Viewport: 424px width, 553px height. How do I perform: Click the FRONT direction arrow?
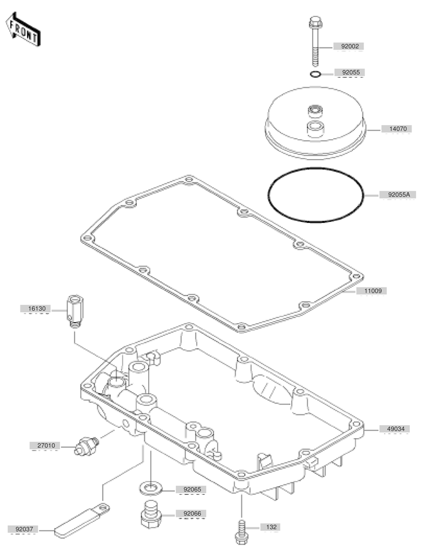point(23,29)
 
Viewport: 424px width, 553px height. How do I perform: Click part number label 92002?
point(350,46)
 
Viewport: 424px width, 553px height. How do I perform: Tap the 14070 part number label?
point(398,129)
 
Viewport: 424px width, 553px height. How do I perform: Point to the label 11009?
point(373,291)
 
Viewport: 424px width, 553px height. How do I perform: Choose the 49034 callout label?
point(396,429)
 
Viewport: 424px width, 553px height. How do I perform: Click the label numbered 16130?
point(37,309)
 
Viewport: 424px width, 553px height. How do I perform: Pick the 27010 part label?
point(46,446)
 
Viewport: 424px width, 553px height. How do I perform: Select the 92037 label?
point(24,529)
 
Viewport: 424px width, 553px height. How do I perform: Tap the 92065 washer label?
point(192,490)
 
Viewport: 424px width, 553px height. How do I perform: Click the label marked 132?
point(271,528)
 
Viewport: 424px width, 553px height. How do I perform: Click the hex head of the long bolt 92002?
point(314,22)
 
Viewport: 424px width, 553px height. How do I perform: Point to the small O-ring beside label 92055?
point(315,74)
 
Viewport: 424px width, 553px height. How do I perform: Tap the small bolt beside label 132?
point(241,531)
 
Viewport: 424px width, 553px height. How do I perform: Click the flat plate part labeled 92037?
point(82,521)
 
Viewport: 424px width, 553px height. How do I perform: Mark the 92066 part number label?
point(192,514)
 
